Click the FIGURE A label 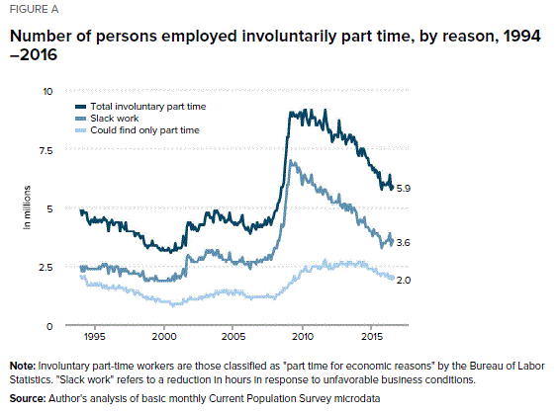click(34, 9)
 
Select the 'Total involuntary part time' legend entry click(140, 107)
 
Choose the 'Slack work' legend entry click(107, 119)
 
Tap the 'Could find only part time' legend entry click(138, 130)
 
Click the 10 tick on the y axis click(47, 91)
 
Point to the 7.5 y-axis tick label click(46, 151)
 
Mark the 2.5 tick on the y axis click(46, 268)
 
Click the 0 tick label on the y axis click(49, 326)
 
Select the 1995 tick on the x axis click(95, 336)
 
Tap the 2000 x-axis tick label click(164, 336)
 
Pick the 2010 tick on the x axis click(303, 336)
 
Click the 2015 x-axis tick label click(372, 336)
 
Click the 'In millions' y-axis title click(27, 207)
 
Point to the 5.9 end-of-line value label click(404, 189)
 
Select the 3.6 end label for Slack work click(404, 243)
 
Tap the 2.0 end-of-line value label click(404, 281)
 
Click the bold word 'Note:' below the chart click(23, 367)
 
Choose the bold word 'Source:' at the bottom click(28, 398)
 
